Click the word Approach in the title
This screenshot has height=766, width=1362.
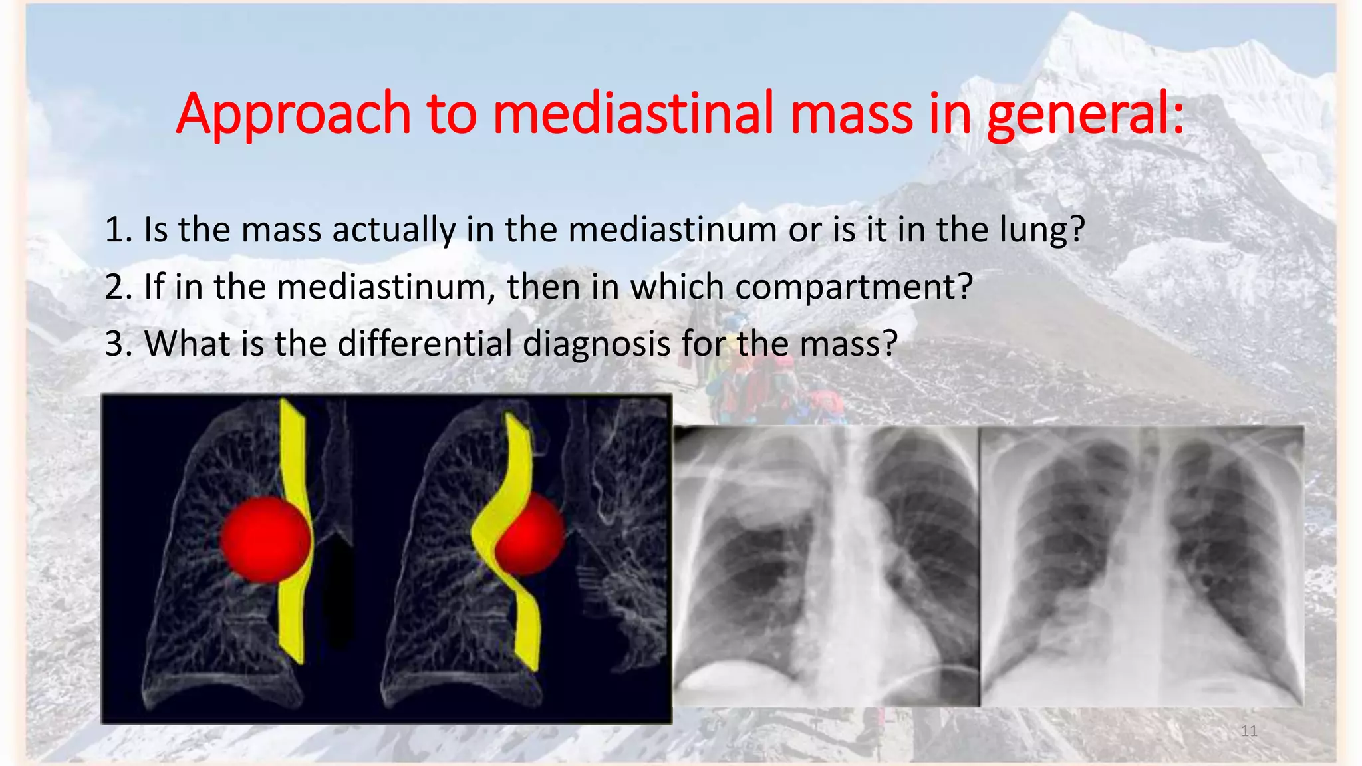coord(293,114)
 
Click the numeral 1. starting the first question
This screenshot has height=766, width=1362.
coord(120,230)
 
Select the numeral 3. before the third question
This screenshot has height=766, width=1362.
coord(120,344)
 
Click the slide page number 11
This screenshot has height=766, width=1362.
coord(1249,731)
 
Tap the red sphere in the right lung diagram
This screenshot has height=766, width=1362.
coord(530,534)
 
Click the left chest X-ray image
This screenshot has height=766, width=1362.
coord(826,565)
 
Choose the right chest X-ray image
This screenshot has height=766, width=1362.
coord(1142,565)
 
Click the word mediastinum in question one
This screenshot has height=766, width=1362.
coord(672,230)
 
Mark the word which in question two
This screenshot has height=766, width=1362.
coord(677,287)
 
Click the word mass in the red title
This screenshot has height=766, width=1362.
coord(851,114)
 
